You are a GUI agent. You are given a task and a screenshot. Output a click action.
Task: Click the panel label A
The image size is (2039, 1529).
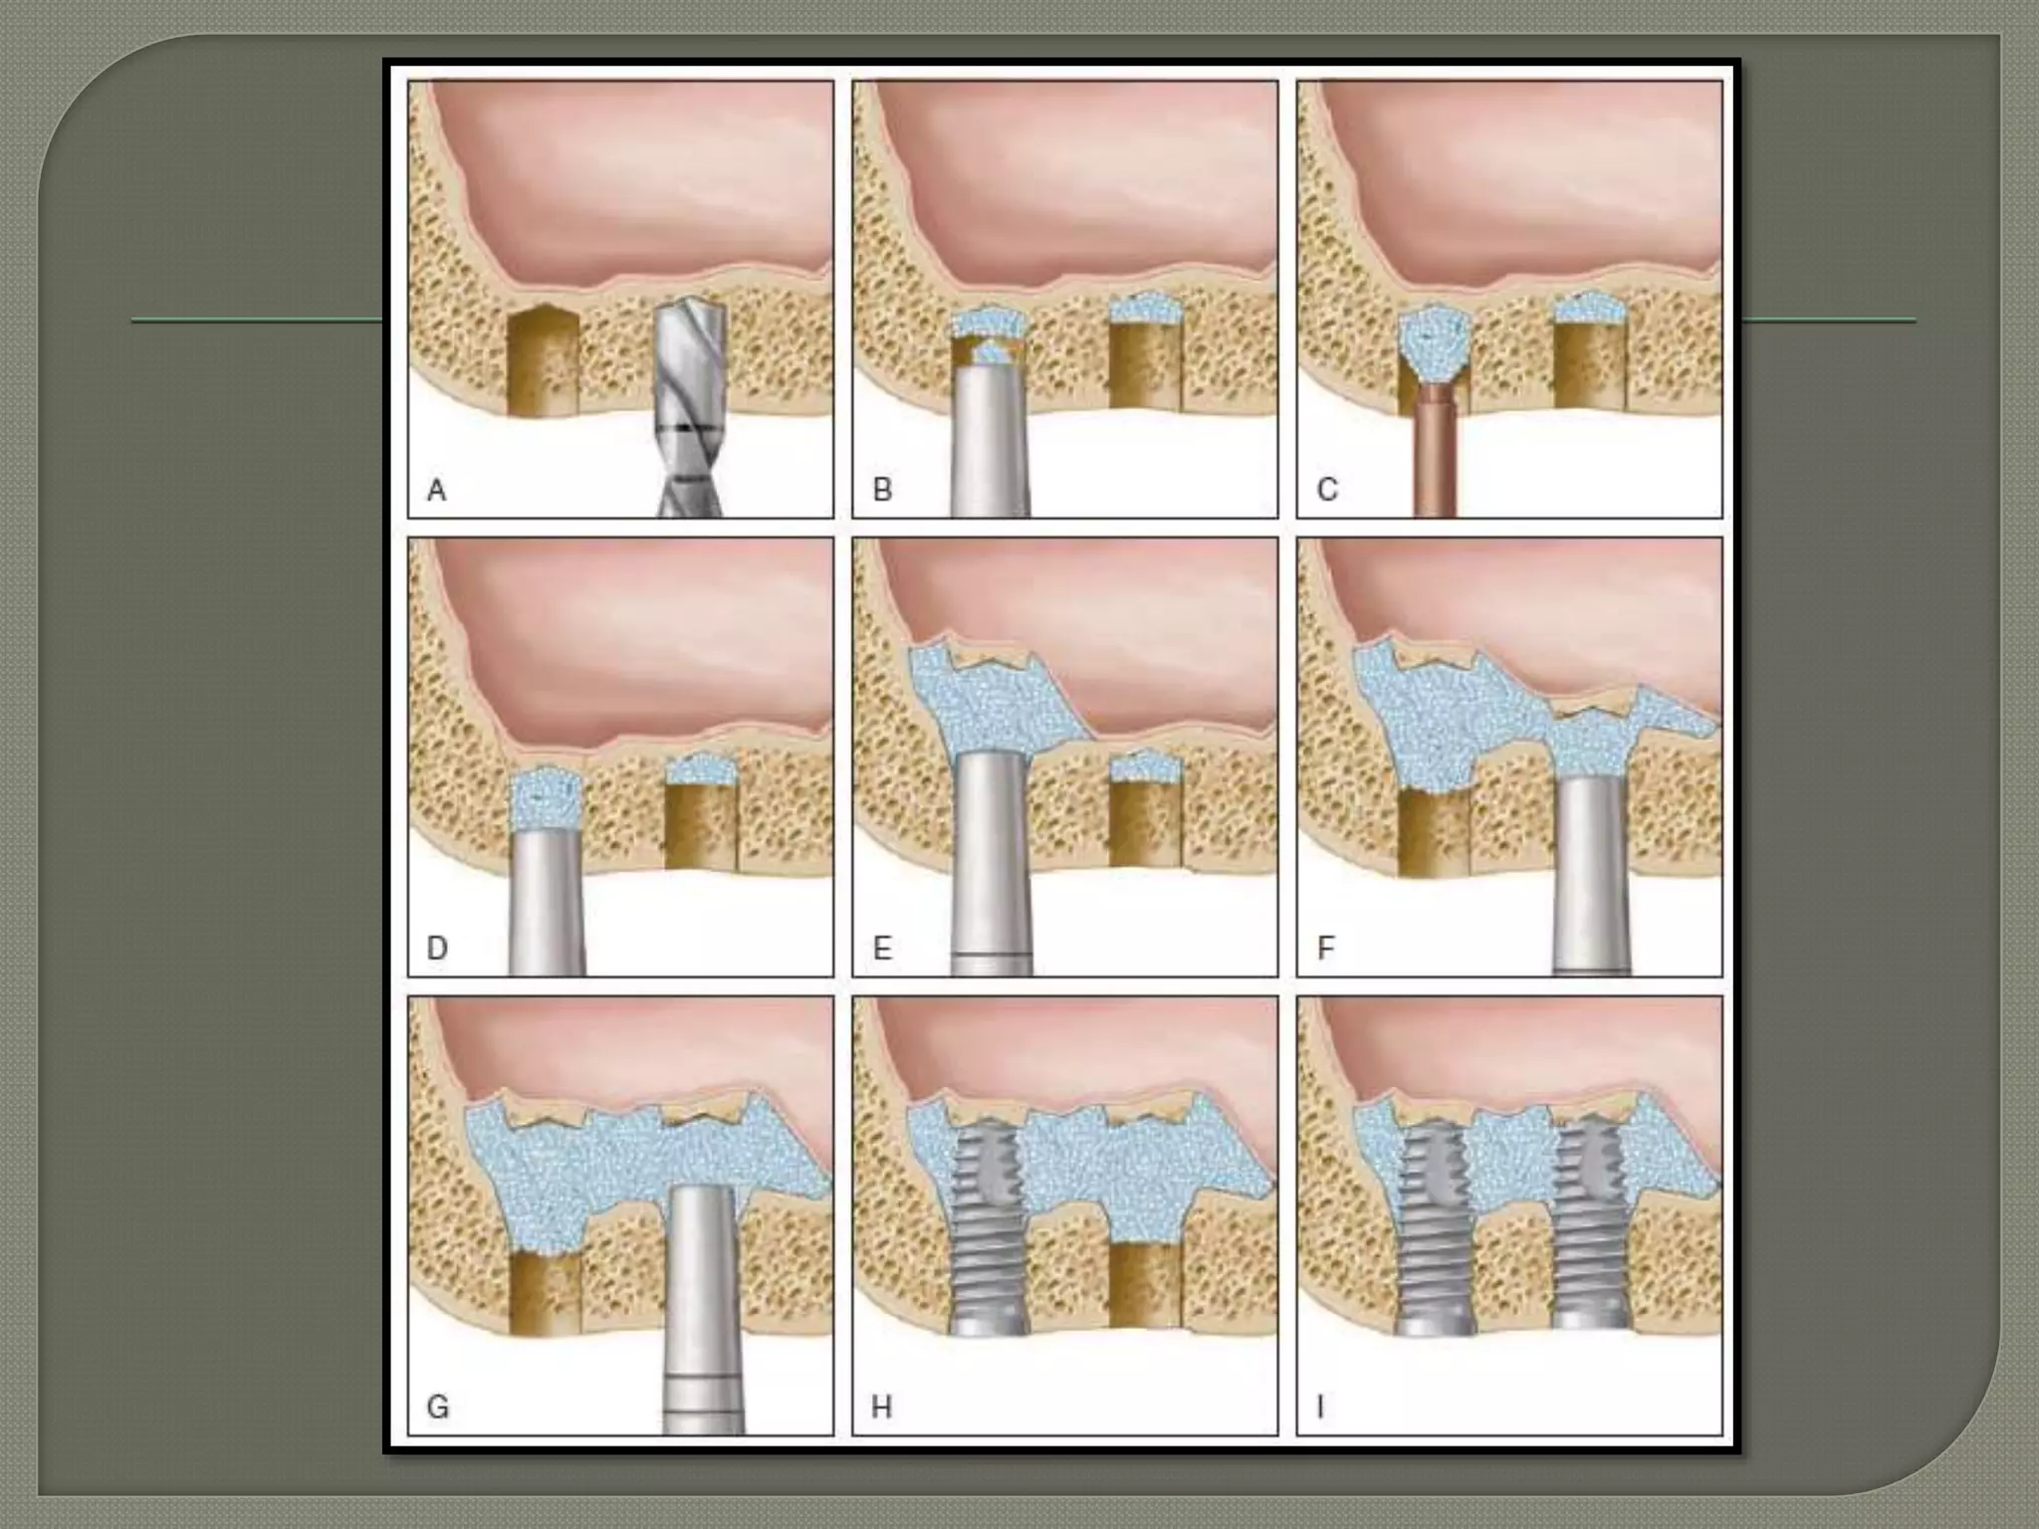click(x=436, y=490)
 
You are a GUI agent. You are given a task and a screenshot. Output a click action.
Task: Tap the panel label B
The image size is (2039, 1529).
click(x=881, y=490)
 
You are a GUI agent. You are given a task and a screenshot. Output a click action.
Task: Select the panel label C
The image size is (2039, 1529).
click(x=1327, y=490)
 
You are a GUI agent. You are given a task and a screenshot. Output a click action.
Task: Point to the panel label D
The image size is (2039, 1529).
click(x=437, y=948)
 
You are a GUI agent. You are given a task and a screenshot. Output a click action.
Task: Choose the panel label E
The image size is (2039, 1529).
click(x=881, y=948)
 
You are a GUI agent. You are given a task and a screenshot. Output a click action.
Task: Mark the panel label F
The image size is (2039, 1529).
click(x=1325, y=948)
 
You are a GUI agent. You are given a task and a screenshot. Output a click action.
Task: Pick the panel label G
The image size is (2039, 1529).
click(x=437, y=1407)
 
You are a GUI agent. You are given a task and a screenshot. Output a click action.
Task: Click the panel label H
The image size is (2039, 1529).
click(x=881, y=1407)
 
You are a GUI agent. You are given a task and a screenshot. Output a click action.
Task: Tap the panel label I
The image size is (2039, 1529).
click(x=1320, y=1407)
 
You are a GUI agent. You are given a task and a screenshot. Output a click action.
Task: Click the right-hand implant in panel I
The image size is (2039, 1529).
click(x=1589, y=1234)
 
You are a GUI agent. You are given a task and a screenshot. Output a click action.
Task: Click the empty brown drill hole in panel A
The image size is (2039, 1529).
click(x=544, y=360)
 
